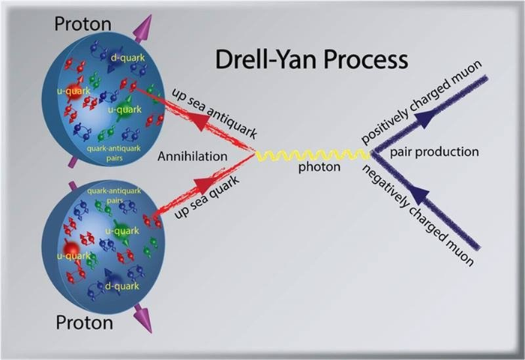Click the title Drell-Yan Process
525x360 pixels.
(313, 60)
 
